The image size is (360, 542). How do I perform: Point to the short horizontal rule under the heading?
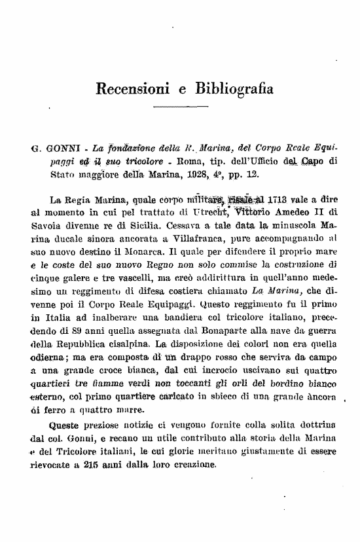pyautogui.click(x=179, y=107)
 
